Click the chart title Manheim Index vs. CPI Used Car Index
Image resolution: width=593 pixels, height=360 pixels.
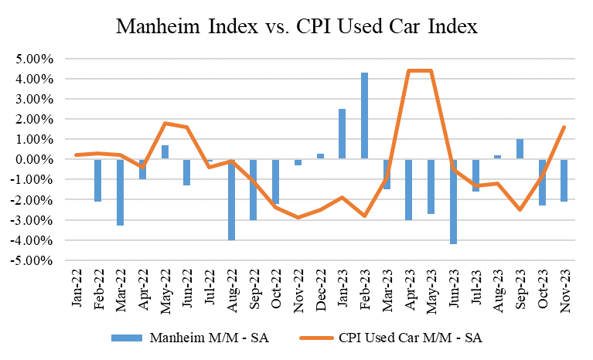[x=297, y=28]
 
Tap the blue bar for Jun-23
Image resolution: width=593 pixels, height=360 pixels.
[x=453, y=202]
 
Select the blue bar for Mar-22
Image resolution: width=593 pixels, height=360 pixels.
[x=120, y=192]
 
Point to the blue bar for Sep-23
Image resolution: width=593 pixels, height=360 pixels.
[x=520, y=149]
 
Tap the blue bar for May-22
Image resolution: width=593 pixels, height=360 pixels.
[x=165, y=152]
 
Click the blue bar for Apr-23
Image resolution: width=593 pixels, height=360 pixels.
[x=408, y=189]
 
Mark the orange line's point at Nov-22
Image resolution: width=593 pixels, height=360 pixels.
[x=298, y=218]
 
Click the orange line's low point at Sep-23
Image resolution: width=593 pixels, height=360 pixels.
[x=520, y=209]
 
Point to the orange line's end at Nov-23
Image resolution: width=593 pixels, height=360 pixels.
[x=564, y=127]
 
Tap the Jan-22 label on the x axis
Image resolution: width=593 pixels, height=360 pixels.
[x=77, y=290]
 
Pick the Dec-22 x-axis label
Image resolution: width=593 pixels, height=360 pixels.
[x=320, y=290]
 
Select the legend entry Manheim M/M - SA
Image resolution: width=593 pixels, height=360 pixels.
[x=194, y=337]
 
